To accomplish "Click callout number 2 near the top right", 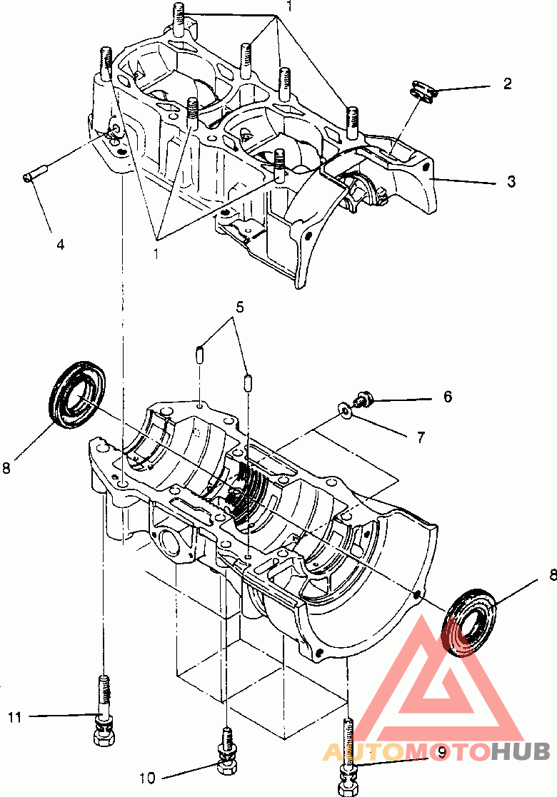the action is (507, 84).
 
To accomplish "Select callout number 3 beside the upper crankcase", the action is (511, 181).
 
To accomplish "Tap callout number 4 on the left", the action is (61, 245).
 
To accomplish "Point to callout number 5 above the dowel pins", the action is (240, 307).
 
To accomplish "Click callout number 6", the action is (448, 396).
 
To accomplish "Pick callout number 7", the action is (421, 437).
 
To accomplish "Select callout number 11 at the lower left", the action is (15, 717).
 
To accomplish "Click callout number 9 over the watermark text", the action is (441, 752).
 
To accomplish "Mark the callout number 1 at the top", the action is (289, 6).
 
